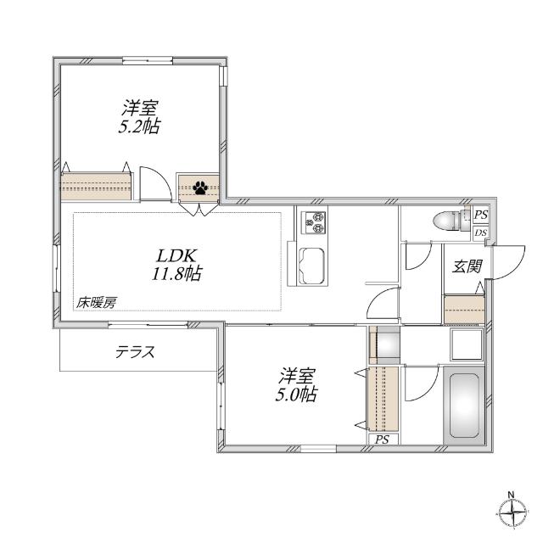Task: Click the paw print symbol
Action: [201, 187]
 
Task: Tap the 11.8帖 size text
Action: [177, 274]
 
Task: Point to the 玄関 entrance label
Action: [466, 266]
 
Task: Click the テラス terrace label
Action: [136, 352]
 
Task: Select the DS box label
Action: [480, 232]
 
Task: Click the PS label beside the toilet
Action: [480, 216]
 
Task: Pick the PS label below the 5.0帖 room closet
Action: [382, 439]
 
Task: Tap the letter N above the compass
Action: [511, 495]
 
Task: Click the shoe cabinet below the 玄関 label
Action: [463, 309]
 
